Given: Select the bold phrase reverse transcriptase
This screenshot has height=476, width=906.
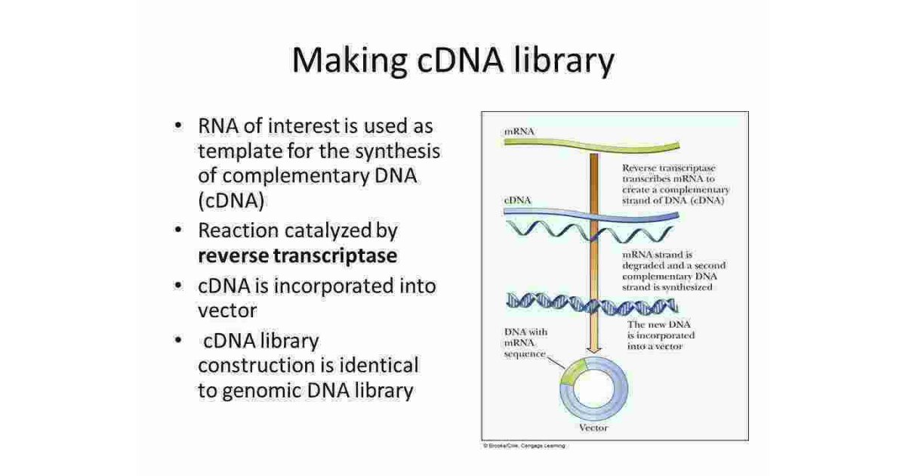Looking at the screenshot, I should pyautogui.click(x=297, y=255).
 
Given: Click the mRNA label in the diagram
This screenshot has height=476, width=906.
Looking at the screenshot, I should pyautogui.click(x=519, y=131).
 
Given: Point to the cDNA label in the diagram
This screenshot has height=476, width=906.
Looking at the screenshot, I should pyautogui.click(x=517, y=200).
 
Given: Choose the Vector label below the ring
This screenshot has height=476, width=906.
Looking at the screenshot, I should pyautogui.click(x=593, y=428).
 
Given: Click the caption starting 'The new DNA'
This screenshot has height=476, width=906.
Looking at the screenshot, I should pyautogui.click(x=661, y=335).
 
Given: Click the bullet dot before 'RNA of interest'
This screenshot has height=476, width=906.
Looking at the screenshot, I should pyautogui.click(x=177, y=125).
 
